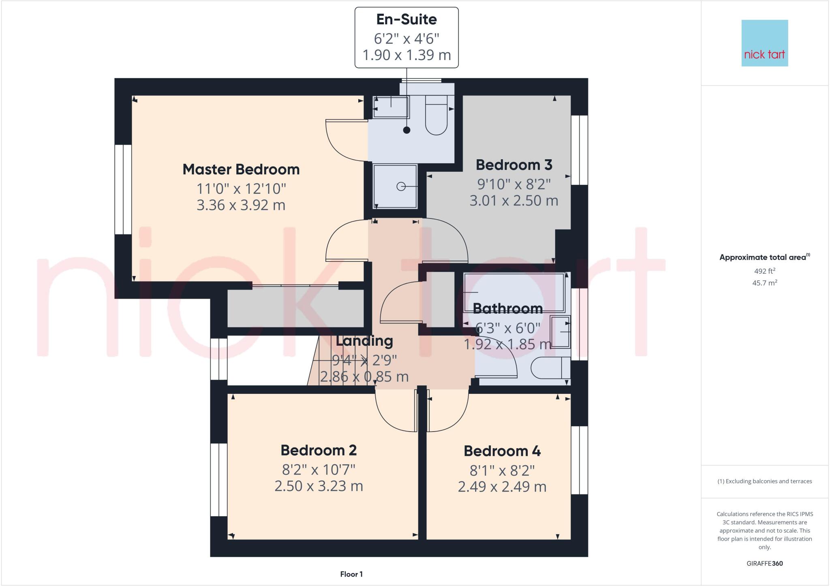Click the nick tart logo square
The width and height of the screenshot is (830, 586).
(x=764, y=43)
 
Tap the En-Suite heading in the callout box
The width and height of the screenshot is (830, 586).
(x=406, y=19)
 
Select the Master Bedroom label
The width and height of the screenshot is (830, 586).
(x=241, y=169)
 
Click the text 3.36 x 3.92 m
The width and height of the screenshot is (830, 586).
(x=241, y=205)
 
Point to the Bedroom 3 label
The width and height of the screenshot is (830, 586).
(x=514, y=165)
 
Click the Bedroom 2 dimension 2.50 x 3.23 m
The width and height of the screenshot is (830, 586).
(x=319, y=486)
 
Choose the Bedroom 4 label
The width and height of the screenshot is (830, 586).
(x=502, y=451)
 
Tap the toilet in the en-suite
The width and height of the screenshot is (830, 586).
(x=436, y=115)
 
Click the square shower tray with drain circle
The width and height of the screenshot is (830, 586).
(x=395, y=186)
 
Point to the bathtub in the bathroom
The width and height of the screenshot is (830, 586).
(x=514, y=292)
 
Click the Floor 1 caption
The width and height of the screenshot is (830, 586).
(x=351, y=574)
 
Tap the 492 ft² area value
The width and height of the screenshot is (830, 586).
(x=764, y=271)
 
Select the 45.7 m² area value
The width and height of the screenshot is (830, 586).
(x=764, y=283)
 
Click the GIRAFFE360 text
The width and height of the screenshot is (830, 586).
(x=764, y=563)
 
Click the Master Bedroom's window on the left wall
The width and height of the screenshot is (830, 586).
(x=123, y=189)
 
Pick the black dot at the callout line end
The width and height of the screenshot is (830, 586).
(x=406, y=130)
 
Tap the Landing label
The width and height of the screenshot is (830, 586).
(x=364, y=341)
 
